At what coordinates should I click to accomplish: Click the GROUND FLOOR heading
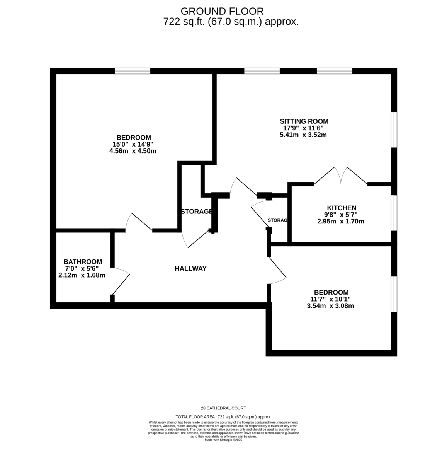click(222, 11)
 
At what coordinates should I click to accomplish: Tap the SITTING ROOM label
click(304, 121)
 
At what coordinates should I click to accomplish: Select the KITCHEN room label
click(342, 208)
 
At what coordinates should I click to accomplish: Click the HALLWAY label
click(190, 268)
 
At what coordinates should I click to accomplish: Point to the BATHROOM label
click(83, 262)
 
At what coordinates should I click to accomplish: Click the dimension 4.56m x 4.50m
click(133, 151)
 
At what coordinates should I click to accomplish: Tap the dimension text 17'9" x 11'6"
click(303, 128)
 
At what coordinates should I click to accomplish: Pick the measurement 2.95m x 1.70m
click(341, 222)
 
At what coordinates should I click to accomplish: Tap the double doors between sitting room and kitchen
click(341, 176)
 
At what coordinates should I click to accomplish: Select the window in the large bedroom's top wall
click(133, 71)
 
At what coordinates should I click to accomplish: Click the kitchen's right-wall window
click(394, 213)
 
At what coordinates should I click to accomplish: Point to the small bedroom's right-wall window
click(394, 294)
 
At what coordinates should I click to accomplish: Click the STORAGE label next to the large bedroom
click(196, 212)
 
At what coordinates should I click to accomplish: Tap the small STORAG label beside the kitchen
click(277, 220)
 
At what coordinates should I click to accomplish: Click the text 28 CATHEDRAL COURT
click(223, 408)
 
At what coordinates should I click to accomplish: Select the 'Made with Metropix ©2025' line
click(223, 440)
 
